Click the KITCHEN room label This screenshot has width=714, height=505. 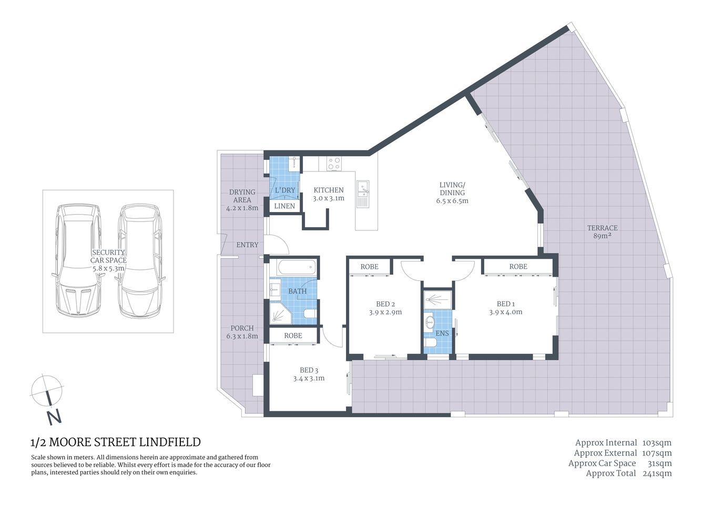tap(329, 190)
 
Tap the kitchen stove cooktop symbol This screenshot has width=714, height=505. tap(333, 164)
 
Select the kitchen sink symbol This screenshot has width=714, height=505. tap(362, 194)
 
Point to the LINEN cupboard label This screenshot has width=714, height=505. tap(284, 206)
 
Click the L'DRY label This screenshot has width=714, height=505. tap(285, 190)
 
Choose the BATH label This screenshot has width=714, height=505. tap(297, 291)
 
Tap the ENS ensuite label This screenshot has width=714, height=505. tap(442, 333)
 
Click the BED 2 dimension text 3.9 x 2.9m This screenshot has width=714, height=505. tap(385, 312)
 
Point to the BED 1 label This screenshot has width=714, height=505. tap(505, 304)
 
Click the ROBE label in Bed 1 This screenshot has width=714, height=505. tap(518, 267)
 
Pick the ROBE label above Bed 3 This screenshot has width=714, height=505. tap(293, 336)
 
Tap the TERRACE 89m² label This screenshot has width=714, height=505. tap(602, 232)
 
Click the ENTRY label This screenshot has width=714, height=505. tap(247, 245)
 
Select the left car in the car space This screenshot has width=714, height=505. tap(77, 260)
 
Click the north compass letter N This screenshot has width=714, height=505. tap(54, 417)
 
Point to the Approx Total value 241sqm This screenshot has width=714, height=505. tap(657, 473)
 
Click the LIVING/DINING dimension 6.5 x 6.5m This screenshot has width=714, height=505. tap(452, 200)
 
